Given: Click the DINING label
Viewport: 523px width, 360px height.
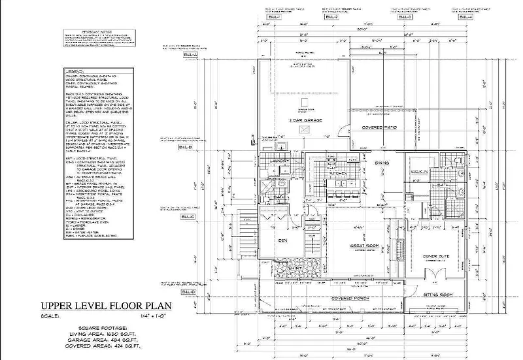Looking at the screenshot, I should coord(382,162).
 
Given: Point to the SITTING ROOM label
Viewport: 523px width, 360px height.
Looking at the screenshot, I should coord(436,295).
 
